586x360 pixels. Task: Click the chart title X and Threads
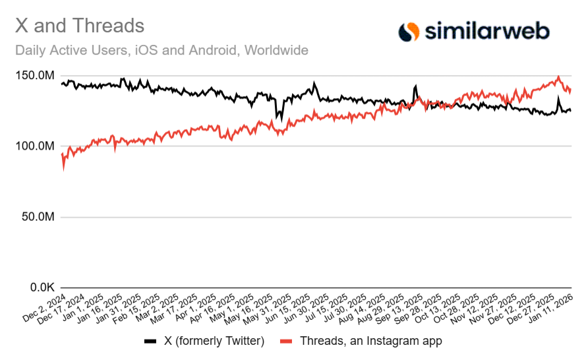(80, 26)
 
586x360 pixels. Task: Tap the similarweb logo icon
(409, 31)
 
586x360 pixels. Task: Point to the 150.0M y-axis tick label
(34, 76)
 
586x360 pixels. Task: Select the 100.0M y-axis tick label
(34, 146)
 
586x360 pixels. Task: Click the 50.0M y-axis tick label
(37, 217)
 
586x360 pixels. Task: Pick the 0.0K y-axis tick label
(40, 288)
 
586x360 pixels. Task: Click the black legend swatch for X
(150, 342)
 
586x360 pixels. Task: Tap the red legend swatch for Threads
(285, 342)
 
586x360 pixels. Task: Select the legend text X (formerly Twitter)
(214, 342)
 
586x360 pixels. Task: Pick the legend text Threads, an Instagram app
(370, 342)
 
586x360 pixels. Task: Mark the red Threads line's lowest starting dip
(63, 169)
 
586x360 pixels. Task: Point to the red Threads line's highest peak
(558, 77)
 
